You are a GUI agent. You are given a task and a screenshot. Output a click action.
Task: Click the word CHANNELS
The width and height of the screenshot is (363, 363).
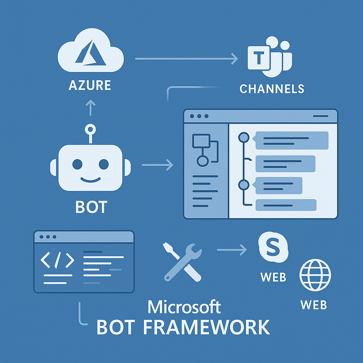[272, 89]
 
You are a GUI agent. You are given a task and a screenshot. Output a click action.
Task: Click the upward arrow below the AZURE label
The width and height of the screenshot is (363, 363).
[91, 107]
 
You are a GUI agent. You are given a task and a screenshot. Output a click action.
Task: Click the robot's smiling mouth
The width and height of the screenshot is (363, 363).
[90, 179]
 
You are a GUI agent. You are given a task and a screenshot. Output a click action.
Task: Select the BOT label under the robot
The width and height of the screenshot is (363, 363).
[91, 207]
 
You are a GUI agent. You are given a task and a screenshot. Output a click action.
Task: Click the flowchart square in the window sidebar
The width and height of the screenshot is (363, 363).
[198, 141]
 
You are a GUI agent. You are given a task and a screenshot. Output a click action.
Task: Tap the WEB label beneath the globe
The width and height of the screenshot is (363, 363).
[313, 305]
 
